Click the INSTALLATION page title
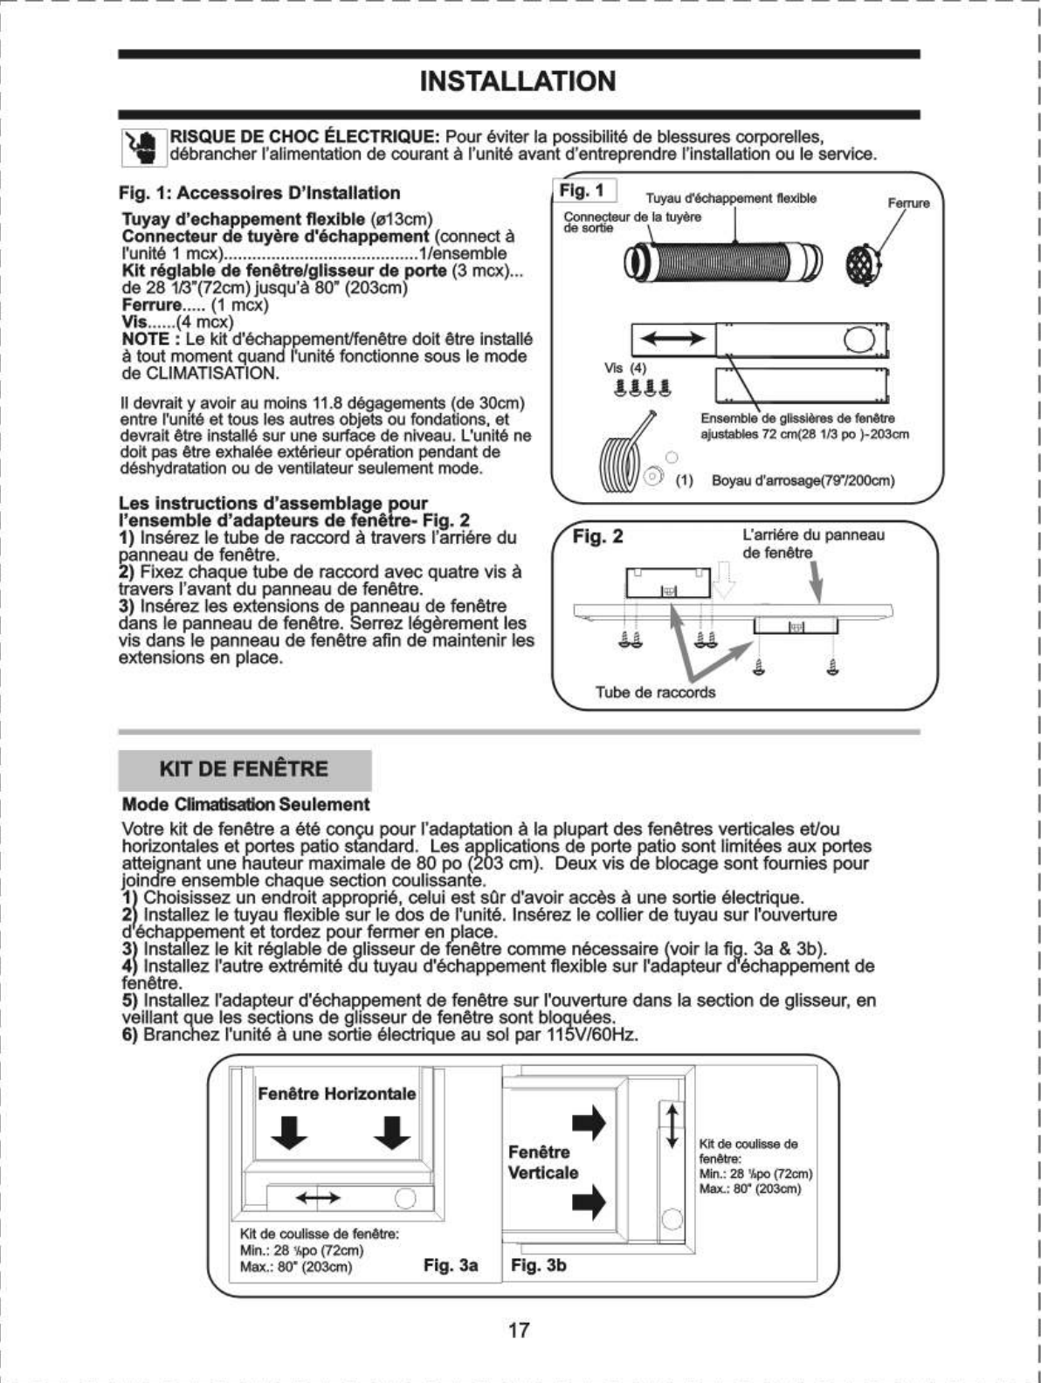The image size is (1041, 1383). tap(518, 81)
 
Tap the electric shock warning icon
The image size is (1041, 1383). tap(141, 147)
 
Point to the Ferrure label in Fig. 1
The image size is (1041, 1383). tap(908, 203)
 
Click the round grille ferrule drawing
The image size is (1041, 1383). tap(865, 260)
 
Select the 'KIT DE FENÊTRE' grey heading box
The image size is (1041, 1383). tap(245, 769)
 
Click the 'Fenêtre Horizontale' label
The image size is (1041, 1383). tap(336, 1094)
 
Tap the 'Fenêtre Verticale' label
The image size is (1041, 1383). tap(543, 1162)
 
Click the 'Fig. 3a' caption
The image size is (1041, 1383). tap(451, 1264)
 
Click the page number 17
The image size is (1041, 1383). tap(519, 1331)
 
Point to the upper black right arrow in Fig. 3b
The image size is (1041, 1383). tap(589, 1124)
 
